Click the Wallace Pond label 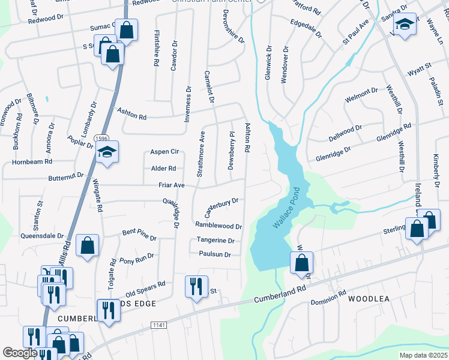(286, 212)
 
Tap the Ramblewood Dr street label (218, 226)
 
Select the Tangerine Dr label (215, 240)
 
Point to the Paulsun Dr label (215, 254)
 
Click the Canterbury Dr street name (221, 207)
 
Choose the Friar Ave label (171, 185)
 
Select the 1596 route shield (101, 139)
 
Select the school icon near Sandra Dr (405, 25)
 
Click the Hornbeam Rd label (32, 161)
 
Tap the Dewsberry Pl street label (231, 150)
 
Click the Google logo (20, 353)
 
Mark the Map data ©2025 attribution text (423, 355)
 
